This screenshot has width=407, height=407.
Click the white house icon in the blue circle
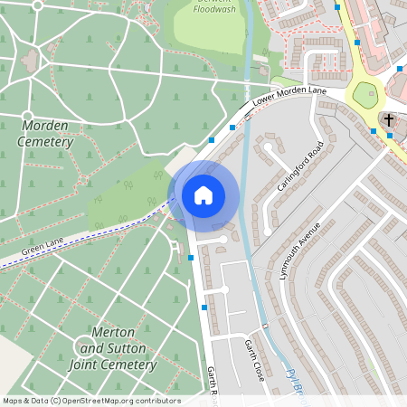[x=203, y=194]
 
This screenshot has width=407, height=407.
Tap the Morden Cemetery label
[x=45, y=133]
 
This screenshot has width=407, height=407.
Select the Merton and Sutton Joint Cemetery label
[x=113, y=348]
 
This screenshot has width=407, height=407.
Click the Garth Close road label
[x=253, y=360]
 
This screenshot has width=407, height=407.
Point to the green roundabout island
[x=364, y=94]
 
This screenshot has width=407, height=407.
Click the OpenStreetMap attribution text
[x=91, y=401]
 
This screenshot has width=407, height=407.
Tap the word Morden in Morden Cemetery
[x=45, y=125]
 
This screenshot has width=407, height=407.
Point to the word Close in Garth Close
[x=258, y=370]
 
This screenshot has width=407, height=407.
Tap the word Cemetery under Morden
[x=45, y=142]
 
